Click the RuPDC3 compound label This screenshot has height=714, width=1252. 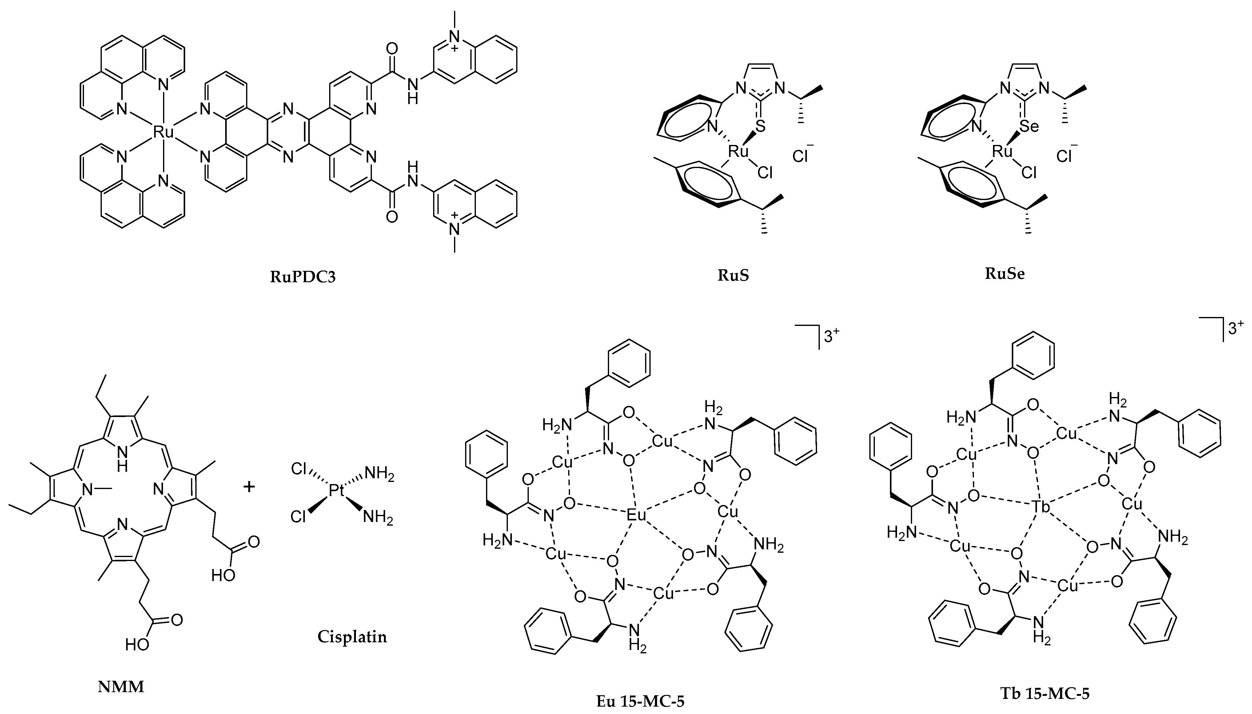coord(303,277)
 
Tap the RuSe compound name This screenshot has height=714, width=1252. coord(1005,274)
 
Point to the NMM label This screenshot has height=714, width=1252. coord(121,687)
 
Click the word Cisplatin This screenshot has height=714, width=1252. coord(352,637)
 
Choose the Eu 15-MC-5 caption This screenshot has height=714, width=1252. coord(640,701)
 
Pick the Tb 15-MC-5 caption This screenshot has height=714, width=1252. coord(1044,693)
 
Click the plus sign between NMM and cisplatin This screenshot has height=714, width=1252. coord(249,487)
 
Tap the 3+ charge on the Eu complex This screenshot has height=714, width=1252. coord(831,337)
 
